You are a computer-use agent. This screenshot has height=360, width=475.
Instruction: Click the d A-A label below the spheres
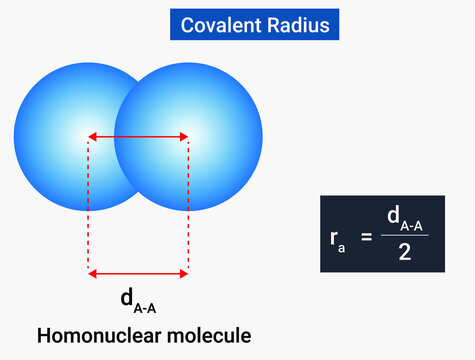coord(139,299)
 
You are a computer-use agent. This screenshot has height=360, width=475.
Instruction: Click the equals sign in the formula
coord(366,236)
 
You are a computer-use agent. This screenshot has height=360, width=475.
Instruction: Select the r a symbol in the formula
coord(337,238)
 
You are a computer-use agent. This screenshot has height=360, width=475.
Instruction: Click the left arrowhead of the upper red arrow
coord(92,136)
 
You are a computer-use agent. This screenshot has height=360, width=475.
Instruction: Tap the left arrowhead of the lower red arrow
coord(92,272)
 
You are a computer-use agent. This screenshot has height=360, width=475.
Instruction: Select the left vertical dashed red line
coord(89,205)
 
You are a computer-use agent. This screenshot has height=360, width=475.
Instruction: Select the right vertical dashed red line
coord(188,205)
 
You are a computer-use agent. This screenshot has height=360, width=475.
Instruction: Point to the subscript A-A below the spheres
coord(146,304)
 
